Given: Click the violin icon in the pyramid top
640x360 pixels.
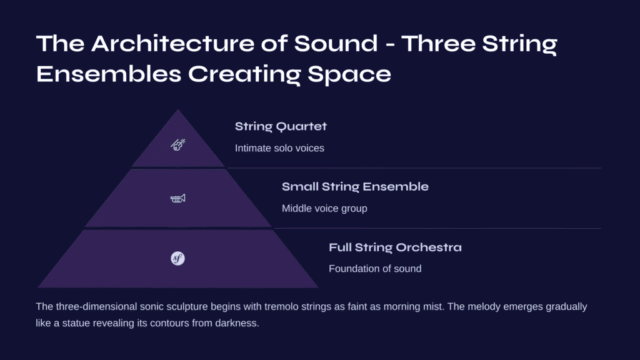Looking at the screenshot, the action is pos(178,144).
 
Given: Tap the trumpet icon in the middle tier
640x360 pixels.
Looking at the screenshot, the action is pos(178,198).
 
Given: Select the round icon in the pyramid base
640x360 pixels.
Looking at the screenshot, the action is pos(177,258).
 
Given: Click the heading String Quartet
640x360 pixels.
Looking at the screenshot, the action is pos(281,126).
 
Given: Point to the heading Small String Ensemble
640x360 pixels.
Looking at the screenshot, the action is pos(355,186).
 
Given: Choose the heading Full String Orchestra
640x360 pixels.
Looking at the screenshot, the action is pos(395,247).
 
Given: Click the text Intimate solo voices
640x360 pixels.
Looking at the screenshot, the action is pos(279,148).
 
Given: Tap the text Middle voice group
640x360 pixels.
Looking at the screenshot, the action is pos(324,209).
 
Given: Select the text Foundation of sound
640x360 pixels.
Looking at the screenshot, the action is pos(375,269).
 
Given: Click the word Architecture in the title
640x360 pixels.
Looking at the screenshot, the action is pos(172,43).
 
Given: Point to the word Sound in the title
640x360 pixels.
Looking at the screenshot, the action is pos(336,43).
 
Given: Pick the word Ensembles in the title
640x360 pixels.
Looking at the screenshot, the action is pos(109,74).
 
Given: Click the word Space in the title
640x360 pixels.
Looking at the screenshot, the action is pos(349,75).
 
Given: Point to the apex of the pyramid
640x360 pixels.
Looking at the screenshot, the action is pos(178,109).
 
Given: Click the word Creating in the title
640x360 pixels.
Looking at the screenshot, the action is pos(244,75).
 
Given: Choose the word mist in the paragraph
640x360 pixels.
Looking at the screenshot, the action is pos(435,306).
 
